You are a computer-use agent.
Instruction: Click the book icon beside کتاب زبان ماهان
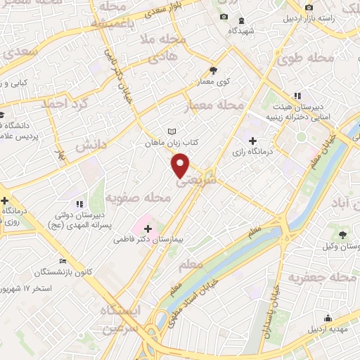[x=173, y=131]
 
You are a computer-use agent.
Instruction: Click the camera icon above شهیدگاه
[x=224, y=17]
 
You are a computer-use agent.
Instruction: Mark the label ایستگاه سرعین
[x=120, y=319]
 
